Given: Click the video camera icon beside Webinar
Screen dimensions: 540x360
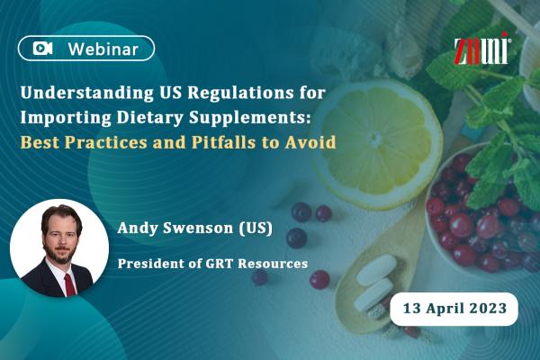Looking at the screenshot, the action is pyautogui.click(x=43, y=49).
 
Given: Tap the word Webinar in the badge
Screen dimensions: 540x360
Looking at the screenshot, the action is pyautogui.click(x=103, y=49).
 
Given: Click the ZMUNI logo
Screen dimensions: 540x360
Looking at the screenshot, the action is pyautogui.click(x=482, y=49).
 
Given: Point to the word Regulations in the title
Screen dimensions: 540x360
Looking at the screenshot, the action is pyautogui.click(x=240, y=93).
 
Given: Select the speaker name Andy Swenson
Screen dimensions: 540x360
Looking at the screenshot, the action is pyautogui.click(x=175, y=228).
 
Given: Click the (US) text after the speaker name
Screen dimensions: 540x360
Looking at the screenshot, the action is pyautogui.click(x=256, y=228).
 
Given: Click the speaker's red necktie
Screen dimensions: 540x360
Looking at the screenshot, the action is pyautogui.click(x=69, y=284).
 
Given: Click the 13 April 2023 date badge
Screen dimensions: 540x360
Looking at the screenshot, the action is pyautogui.click(x=454, y=309).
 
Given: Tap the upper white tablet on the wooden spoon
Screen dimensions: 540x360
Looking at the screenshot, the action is pyautogui.click(x=377, y=270).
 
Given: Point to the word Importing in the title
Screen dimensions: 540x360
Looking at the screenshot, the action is pyautogui.click(x=66, y=118).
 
